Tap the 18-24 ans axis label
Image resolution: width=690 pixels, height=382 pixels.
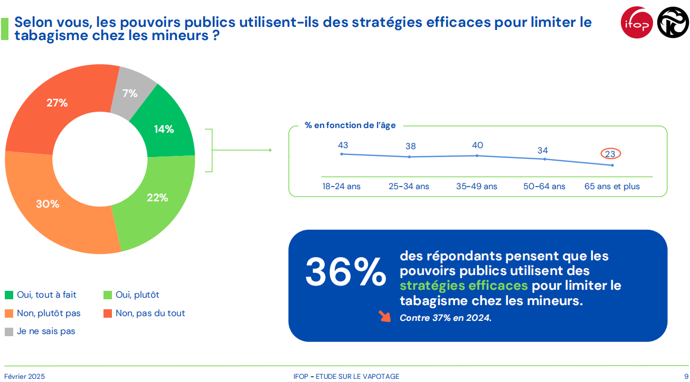[x=342, y=187]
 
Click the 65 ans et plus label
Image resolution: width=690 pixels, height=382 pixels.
[x=612, y=187]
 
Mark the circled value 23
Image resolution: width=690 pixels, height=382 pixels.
[x=610, y=154]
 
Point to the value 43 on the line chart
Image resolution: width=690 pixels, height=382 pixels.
[x=343, y=145]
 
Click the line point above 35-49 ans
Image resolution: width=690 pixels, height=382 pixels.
[x=477, y=155]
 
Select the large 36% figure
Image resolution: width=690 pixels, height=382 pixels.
[x=346, y=272]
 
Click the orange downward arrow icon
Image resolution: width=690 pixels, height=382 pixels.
[x=384, y=316]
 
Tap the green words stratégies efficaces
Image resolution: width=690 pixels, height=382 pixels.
[x=464, y=286]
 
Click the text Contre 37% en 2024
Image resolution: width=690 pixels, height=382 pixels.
[x=445, y=318]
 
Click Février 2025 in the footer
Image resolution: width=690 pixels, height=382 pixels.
[x=25, y=376]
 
